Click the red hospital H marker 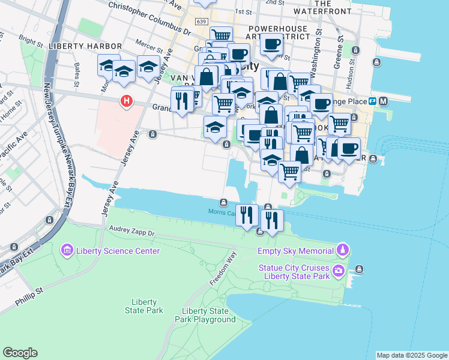point(126,101)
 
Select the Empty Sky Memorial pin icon point(342,249)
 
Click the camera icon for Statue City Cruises point(339,271)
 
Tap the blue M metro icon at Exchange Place point(383,101)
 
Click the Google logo point(20,353)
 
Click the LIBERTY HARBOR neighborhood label point(86,46)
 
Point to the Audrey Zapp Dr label point(132,231)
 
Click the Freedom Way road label point(223,266)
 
